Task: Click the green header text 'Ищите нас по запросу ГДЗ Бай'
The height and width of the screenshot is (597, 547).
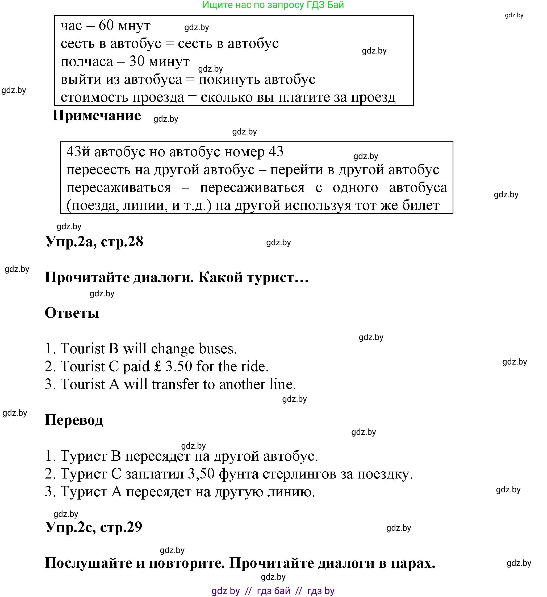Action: coord(273,5)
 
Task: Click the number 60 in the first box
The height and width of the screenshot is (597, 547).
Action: coord(106,26)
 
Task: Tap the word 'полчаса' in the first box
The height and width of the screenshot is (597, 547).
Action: coord(87,62)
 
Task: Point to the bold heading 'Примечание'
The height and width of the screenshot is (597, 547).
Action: coord(97,115)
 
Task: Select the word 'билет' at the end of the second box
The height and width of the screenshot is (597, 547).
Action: coord(421,205)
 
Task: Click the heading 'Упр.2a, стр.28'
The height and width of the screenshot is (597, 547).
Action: coord(94,241)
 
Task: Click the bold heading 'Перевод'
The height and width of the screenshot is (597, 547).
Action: coord(74,420)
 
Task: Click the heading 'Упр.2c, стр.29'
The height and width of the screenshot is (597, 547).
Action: coord(94,527)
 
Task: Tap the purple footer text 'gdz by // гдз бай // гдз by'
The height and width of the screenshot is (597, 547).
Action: coord(273,591)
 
